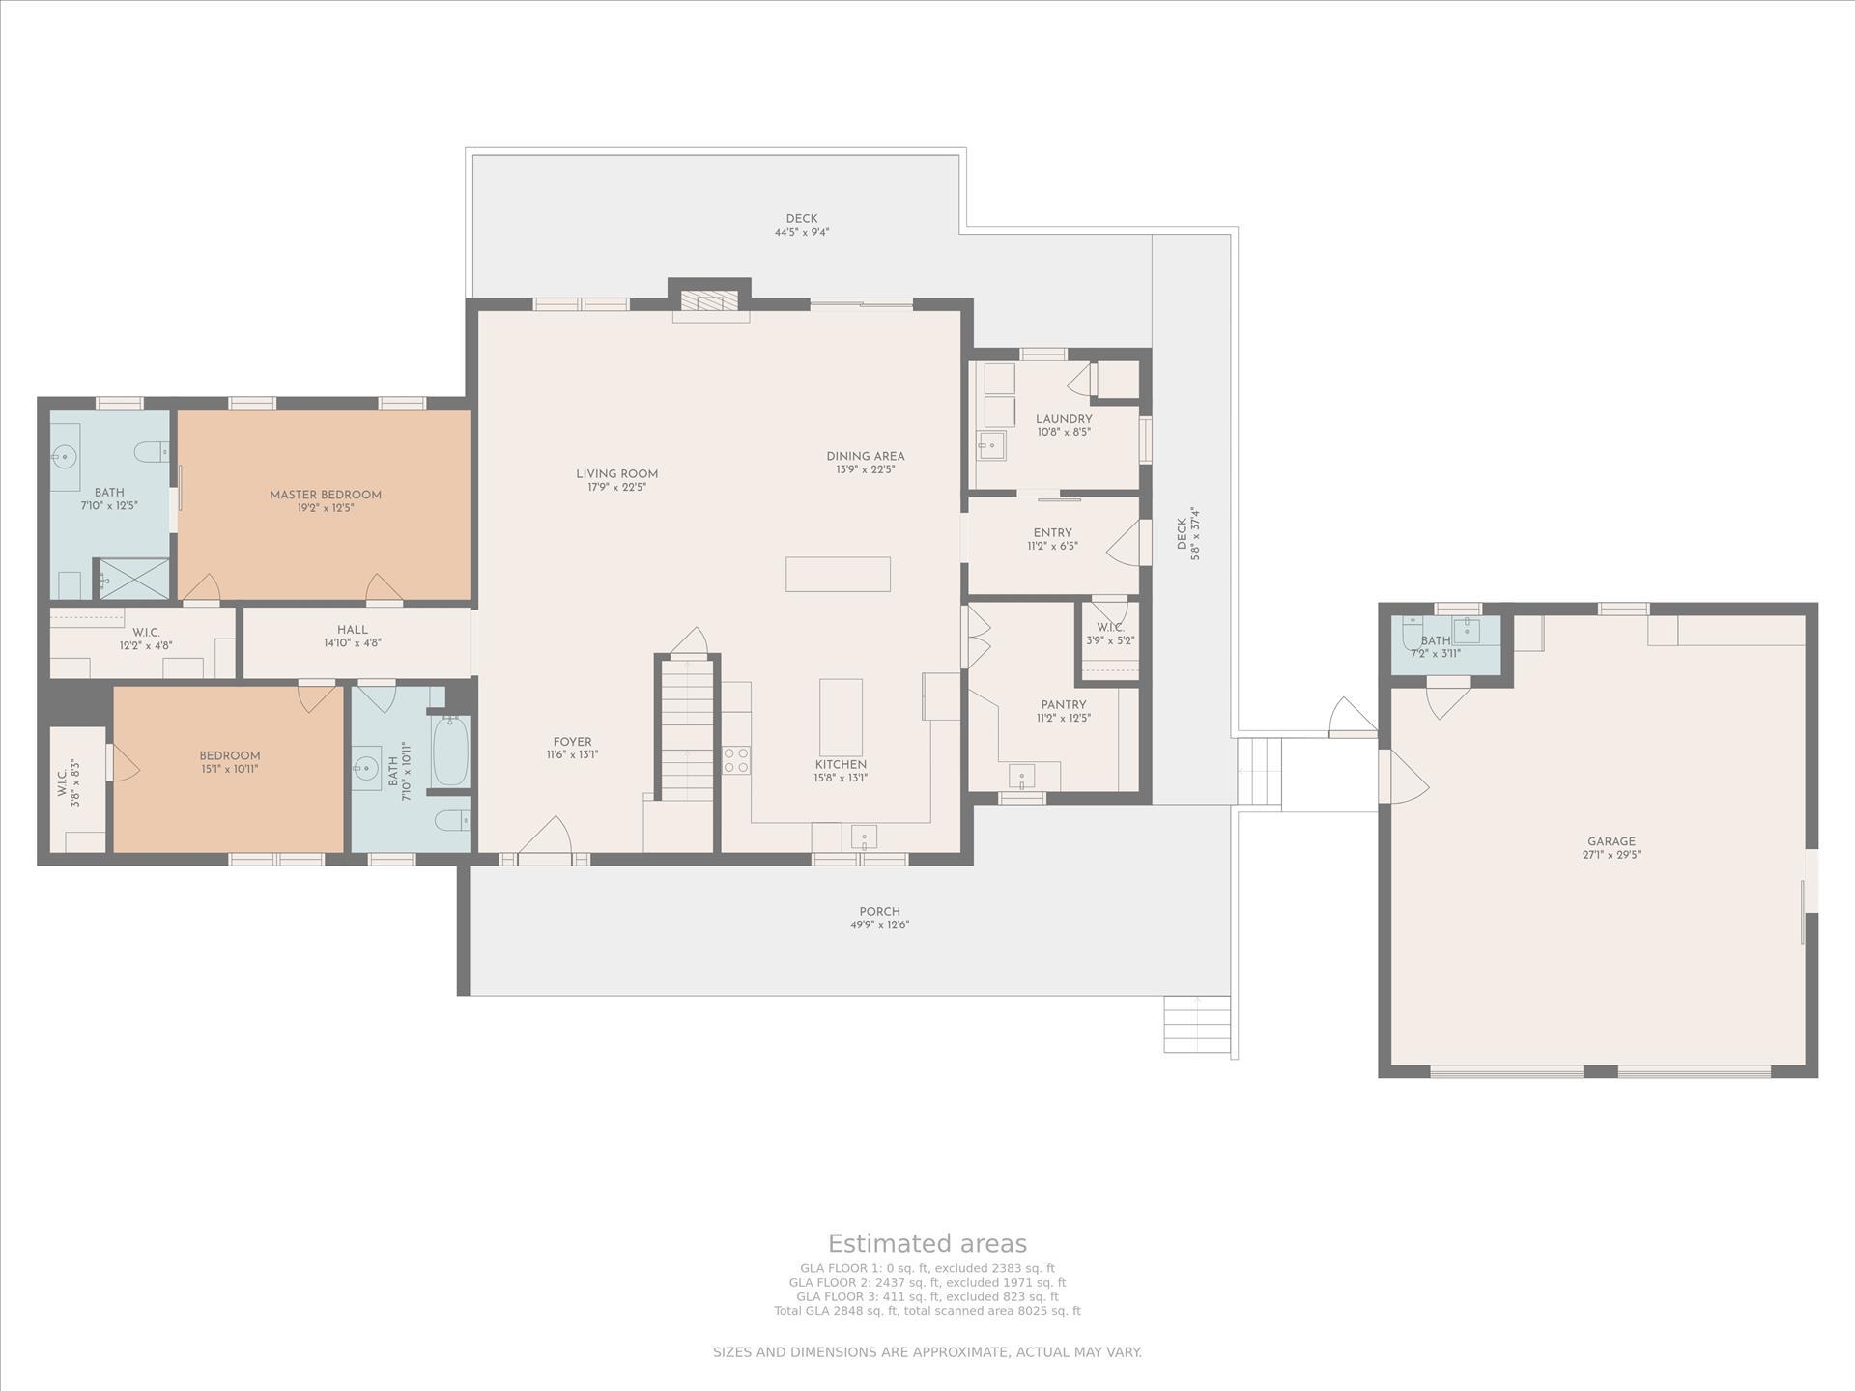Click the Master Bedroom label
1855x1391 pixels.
pyautogui.click(x=325, y=495)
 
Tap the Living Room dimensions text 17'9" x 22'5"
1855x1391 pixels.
pyautogui.click(x=616, y=488)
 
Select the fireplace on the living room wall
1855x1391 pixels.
pyautogui.click(x=710, y=301)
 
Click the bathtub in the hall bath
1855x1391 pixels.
pyautogui.click(x=450, y=752)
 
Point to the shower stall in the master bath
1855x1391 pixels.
pyautogui.click(x=134, y=579)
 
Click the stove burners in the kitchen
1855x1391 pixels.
pyautogui.click(x=736, y=760)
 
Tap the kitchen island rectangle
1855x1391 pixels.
pyautogui.click(x=841, y=717)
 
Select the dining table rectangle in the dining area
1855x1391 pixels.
pyautogui.click(x=838, y=574)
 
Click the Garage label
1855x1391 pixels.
pyautogui.click(x=1611, y=841)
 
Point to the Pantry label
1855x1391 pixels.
pyautogui.click(x=1063, y=705)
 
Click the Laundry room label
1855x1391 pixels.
pyautogui.click(x=1064, y=419)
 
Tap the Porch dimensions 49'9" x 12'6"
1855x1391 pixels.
pyautogui.click(x=879, y=925)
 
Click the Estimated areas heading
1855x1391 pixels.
pyautogui.click(x=927, y=1243)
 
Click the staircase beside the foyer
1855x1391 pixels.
pyautogui.click(x=687, y=729)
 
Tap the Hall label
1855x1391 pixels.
pyautogui.click(x=353, y=630)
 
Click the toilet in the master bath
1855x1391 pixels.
pyautogui.click(x=151, y=451)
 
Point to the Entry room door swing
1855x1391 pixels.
pyautogui.click(x=1126, y=545)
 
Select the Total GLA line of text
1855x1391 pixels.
pyautogui.click(x=927, y=1311)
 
